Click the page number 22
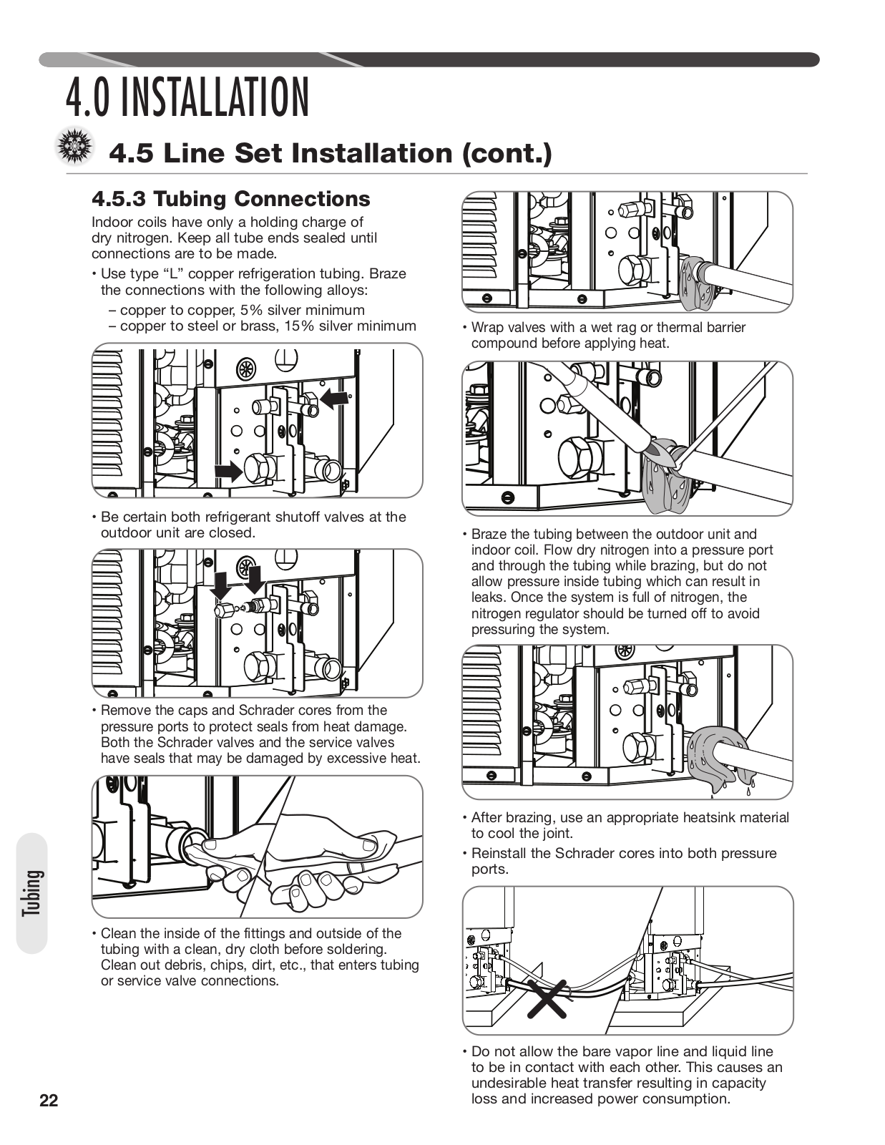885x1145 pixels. (49, 1101)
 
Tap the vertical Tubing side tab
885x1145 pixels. (31, 892)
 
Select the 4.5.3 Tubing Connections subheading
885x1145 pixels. (231, 199)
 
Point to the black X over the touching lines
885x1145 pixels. (547, 998)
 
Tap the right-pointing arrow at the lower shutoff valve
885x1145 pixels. (228, 470)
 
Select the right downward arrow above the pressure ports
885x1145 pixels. (254, 576)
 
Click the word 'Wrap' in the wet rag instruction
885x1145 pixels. (486, 328)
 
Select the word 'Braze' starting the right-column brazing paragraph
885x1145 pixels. (489, 535)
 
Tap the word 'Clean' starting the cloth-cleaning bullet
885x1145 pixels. (119, 934)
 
